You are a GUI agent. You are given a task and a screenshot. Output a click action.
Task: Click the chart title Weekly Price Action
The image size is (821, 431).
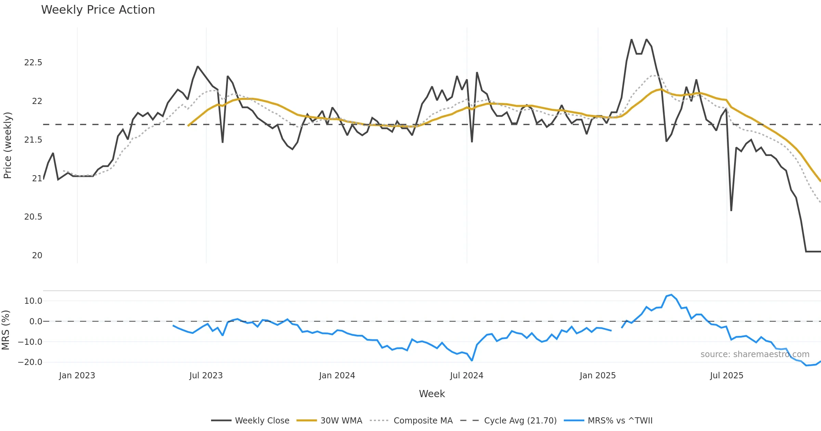pos(98,10)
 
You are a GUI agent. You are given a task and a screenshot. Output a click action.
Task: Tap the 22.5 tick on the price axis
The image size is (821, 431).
pos(33,63)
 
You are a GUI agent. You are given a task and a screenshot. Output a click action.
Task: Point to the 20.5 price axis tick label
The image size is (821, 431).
pos(33,217)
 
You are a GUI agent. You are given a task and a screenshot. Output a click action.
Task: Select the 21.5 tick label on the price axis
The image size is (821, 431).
pos(33,140)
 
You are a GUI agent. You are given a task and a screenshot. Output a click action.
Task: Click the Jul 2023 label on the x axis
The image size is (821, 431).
pos(206,376)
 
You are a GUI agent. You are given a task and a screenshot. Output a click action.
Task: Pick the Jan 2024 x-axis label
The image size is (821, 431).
pos(337,376)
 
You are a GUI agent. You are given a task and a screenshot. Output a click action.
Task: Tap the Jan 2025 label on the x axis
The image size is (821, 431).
pos(598,376)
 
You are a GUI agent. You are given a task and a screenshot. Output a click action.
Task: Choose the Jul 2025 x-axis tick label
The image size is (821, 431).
pos(727,376)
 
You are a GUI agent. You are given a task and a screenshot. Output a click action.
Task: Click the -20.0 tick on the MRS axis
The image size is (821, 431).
pos(30,362)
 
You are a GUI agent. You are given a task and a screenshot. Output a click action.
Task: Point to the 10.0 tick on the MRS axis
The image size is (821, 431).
pos(33,301)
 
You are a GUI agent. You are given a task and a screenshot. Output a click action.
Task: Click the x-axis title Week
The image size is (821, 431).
pos(432,394)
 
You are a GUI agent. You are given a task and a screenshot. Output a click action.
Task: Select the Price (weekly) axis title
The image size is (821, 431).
pos(8,145)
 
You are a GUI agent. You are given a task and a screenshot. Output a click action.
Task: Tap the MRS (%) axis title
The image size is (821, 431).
pos(6,330)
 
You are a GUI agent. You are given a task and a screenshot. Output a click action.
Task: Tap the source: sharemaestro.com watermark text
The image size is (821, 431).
pos(755,354)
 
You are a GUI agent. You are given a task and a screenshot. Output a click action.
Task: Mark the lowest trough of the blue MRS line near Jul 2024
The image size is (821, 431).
pos(472,361)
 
